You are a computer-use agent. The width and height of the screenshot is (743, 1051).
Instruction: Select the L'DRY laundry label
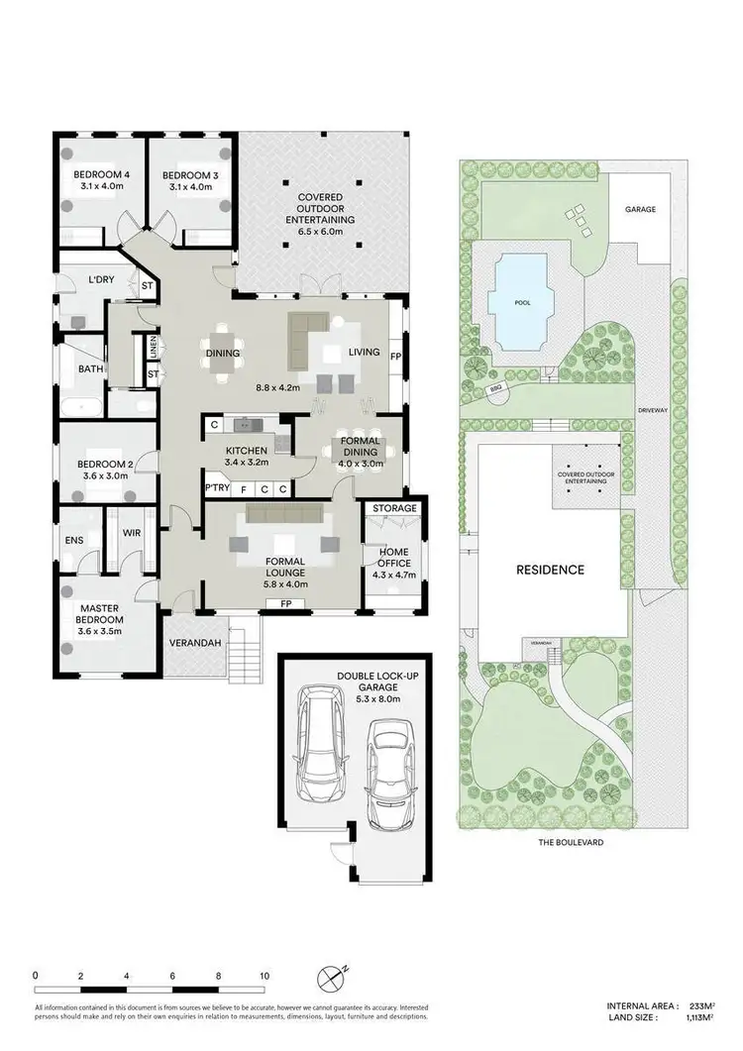pyautogui.click(x=102, y=280)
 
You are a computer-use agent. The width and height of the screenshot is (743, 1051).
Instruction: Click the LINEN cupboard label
pyautogui.click(x=154, y=347)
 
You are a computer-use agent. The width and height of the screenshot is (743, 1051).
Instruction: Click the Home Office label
pyautogui.click(x=395, y=557)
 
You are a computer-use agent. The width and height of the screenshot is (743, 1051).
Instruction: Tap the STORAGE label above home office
pyautogui.click(x=394, y=509)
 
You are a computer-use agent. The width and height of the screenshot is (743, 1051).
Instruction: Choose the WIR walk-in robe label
pyautogui.click(x=132, y=532)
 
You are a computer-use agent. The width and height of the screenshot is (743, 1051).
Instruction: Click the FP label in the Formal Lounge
pyautogui.click(x=285, y=603)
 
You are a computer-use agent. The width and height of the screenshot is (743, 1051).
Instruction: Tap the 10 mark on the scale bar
pyautogui.click(x=264, y=976)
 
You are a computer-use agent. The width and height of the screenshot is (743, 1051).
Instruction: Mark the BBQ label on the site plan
pyautogui.click(x=495, y=390)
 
